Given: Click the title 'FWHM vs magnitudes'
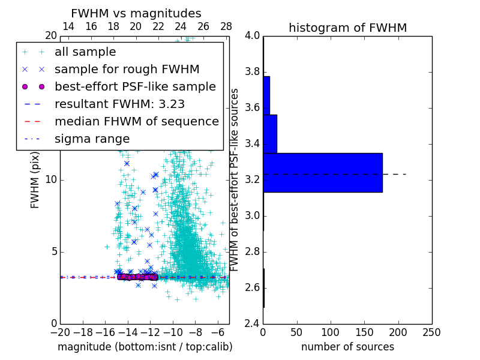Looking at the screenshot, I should point(136,14).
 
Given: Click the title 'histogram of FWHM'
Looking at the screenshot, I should point(347,28).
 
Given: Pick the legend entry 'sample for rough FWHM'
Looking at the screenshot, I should point(127,70).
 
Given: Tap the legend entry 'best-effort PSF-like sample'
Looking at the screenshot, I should point(135,87).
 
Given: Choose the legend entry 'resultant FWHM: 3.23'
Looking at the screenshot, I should point(119,104).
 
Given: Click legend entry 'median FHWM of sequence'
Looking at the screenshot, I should point(136,122).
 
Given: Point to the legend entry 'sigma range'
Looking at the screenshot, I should point(92,139).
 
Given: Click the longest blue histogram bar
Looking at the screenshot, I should point(323,173).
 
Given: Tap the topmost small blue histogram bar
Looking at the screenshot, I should point(266,95).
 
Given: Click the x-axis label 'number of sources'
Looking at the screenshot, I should point(347,347).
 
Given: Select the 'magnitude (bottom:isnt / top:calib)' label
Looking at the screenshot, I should point(145,347).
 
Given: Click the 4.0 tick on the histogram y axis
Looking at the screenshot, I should point(252,36).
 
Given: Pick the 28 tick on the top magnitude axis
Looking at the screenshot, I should point(226,26).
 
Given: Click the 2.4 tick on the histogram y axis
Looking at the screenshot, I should point(252,323).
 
